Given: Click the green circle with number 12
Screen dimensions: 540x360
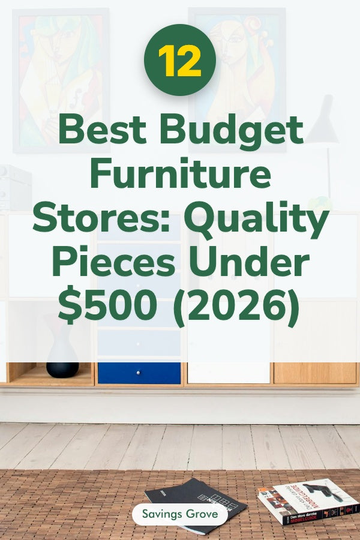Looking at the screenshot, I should [x=179, y=60].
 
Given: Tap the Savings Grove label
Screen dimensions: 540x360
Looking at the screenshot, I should [x=179, y=514].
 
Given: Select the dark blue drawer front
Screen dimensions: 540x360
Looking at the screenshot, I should [x=139, y=373].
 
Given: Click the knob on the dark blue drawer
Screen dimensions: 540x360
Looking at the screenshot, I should [x=139, y=373].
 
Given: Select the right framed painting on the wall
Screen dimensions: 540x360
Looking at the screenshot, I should [x=236, y=72].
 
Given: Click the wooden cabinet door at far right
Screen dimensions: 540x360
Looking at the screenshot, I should [x=315, y=373].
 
